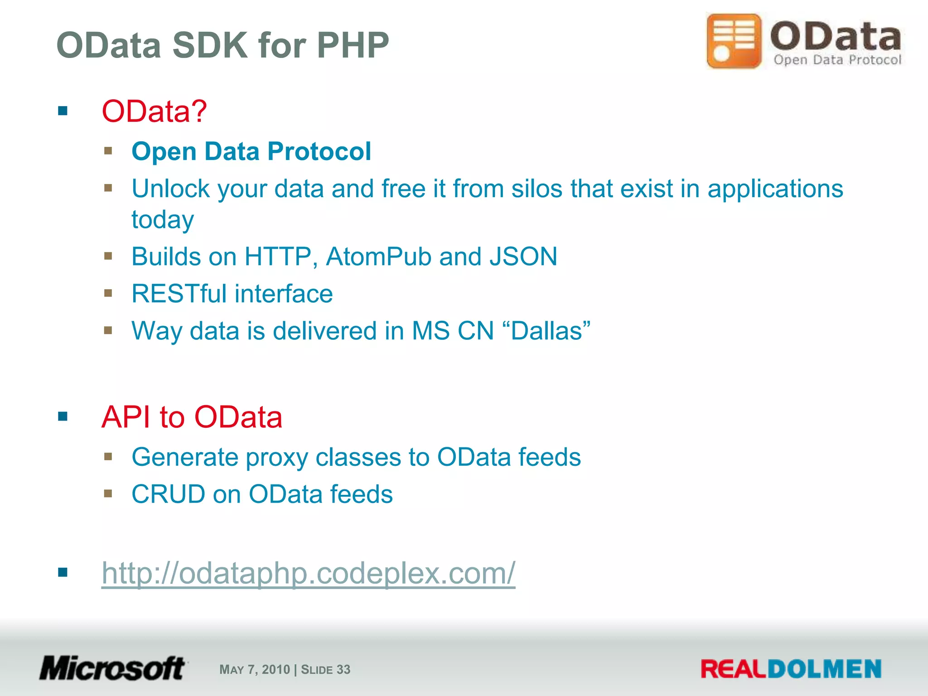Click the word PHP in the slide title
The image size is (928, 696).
pyautogui.click(x=353, y=45)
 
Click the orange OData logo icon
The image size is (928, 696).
pyautogui.click(x=734, y=41)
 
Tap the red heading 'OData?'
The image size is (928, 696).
pyautogui.click(x=154, y=111)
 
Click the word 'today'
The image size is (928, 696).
pyautogui.click(x=163, y=220)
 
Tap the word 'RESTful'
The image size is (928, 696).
pyautogui.click(x=179, y=294)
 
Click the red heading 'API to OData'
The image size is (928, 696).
pyautogui.click(x=192, y=417)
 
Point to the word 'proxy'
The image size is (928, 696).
pyautogui.click(x=276, y=457)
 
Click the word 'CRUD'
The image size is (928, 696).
pyautogui.click(x=168, y=494)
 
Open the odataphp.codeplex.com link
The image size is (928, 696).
pyautogui.click(x=308, y=573)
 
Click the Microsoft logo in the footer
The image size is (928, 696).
pyautogui.click(x=112, y=668)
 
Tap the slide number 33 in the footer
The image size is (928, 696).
pyautogui.click(x=343, y=670)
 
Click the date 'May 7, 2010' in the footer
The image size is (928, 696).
pyautogui.click(x=254, y=670)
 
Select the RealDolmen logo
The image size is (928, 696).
pyautogui.click(x=791, y=669)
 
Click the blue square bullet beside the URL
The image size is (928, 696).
pyautogui.click(x=63, y=573)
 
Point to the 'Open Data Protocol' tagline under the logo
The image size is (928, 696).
pyautogui.click(x=837, y=60)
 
